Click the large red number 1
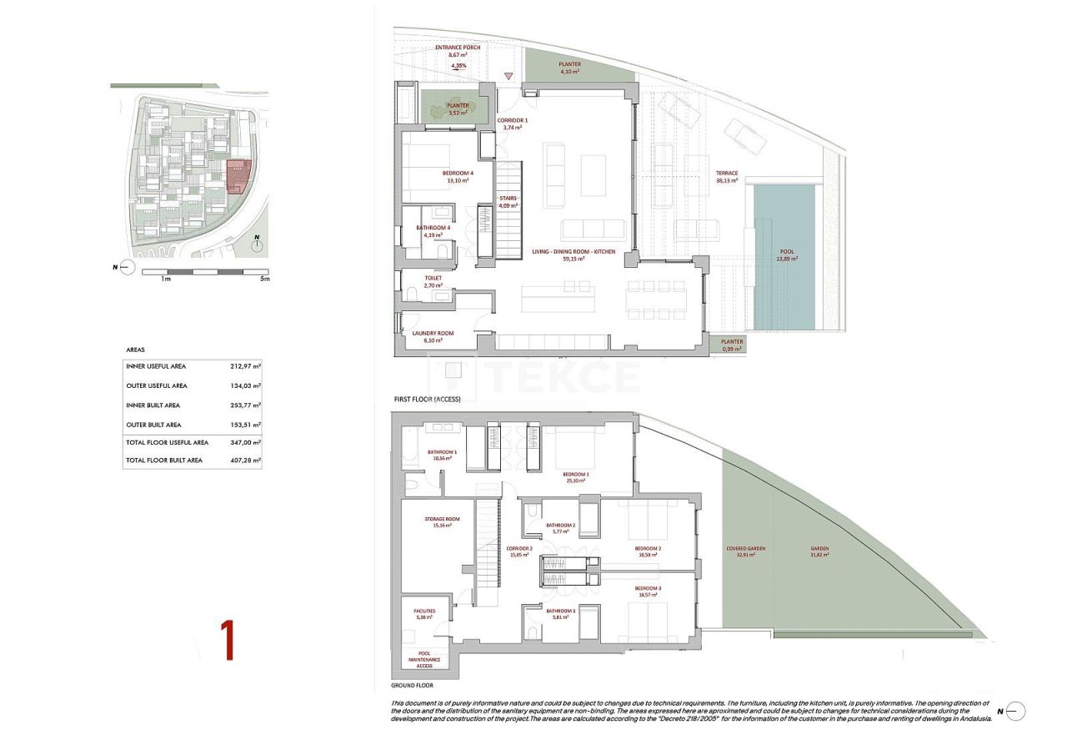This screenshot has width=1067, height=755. coord(226,641)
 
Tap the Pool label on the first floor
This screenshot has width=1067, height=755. coord(787,252)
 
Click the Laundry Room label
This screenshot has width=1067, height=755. coord(433,334)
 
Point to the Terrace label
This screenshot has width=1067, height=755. coord(727,174)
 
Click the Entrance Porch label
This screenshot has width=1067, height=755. coord(458,48)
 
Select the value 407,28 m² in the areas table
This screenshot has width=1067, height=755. coord(245,460)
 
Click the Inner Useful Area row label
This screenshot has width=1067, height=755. coord(156,366)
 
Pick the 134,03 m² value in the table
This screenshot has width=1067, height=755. coord(245,385)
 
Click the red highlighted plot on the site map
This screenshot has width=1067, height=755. coord(238,176)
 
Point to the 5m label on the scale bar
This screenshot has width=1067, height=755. coord(264,279)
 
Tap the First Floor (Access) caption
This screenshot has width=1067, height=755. coord(428,400)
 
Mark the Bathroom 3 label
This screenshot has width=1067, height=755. coord(561,612)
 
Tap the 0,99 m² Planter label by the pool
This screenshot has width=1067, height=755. coord(732,342)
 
